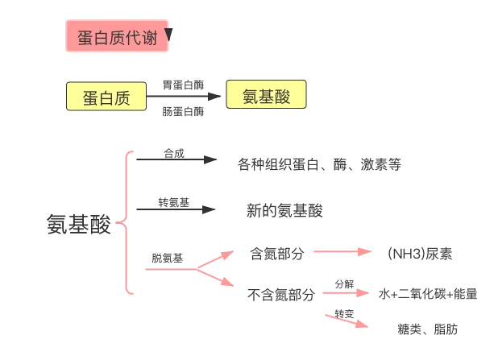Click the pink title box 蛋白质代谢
(117, 38)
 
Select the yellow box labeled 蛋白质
(107, 98)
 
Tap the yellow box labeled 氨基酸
(266, 97)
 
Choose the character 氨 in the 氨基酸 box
(247, 97)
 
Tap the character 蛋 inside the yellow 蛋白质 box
(89, 98)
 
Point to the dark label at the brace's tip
(77, 224)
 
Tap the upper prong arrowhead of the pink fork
(233, 250)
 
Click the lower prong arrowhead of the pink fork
(233, 284)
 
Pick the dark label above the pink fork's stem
(168, 258)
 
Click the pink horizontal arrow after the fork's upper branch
(342, 252)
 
